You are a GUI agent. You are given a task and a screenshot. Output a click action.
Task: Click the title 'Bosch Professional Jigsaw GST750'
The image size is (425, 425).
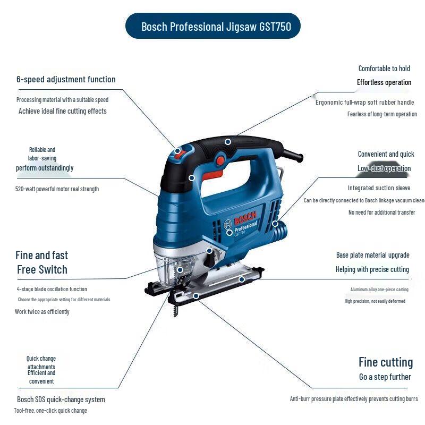pyautogui.click(x=216, y=27)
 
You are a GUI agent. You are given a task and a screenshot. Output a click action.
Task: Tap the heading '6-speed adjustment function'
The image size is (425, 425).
pyautogui.click(x=66, y=79)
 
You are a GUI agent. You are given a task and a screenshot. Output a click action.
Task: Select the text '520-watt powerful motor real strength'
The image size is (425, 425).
pyautogui.click(x=57, y=189)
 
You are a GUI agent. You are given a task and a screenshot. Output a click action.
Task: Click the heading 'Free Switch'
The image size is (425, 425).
pyautogui.click(x=42, y=269)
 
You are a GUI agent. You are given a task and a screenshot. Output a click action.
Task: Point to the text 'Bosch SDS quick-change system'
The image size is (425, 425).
pyautogui.click(x=61, y=399)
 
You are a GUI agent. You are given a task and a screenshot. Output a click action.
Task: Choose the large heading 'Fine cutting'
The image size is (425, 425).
pyautogui.click(x=386, y=362)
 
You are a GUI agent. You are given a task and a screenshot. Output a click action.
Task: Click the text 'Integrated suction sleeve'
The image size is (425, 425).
pyautogui.click(x=379, y=188)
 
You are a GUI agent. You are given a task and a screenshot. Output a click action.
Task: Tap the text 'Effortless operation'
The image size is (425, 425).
pyautogui.click(x=384, y=82)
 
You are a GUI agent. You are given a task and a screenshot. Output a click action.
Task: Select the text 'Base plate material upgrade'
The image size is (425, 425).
pyautogui.click(x=373, y=255)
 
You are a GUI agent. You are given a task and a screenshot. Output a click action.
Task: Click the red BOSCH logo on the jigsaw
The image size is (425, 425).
pyautogui.click(x=245, y=218)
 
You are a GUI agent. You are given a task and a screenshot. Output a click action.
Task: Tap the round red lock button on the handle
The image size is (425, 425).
pyautogui.click(x=220, y=160)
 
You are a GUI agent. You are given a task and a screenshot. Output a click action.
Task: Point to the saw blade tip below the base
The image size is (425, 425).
pyautogui.click(x=175, y=314)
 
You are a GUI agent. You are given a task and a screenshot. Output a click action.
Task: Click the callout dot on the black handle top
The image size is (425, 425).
pyautogui.click(x=228, y=142)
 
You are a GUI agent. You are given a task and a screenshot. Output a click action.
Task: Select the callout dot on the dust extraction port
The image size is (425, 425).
pyautogui.click(x=275, y=224)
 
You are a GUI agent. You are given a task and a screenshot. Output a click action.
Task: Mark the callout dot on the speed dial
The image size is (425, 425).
pyautogui.click(x=177, y=151)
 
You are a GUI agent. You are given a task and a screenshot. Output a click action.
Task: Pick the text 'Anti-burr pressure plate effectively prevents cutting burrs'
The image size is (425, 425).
pyautogui.click(x=354, y=399)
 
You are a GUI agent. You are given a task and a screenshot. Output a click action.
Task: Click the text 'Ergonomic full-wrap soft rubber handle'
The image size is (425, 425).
pyautogui.click(x=364, y=102)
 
